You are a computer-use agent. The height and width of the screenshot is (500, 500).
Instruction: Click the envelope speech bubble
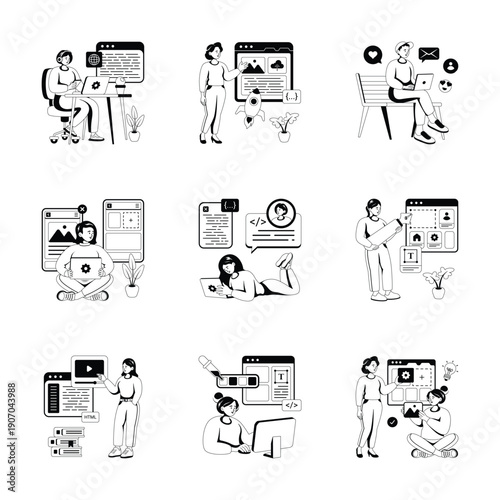click(429, 55)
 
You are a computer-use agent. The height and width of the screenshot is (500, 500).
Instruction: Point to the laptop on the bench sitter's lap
click(422, 83)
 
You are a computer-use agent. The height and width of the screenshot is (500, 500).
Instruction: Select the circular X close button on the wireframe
click(82, 211)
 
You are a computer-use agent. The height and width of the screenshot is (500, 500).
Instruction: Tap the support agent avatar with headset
click(283, 213)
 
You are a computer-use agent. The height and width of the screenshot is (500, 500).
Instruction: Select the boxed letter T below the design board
click(410, 256)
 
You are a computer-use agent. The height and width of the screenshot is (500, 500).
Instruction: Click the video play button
click(88, 366)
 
